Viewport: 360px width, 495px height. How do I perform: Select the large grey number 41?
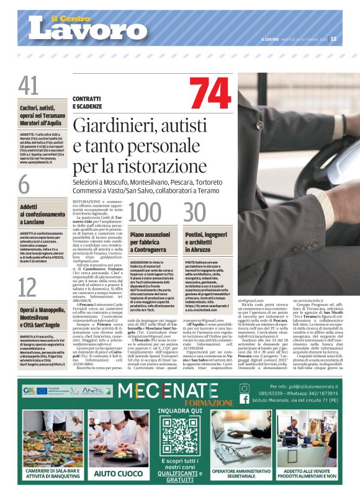click(29, 86)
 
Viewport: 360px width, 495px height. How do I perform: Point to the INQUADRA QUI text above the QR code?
click(180, 411)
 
